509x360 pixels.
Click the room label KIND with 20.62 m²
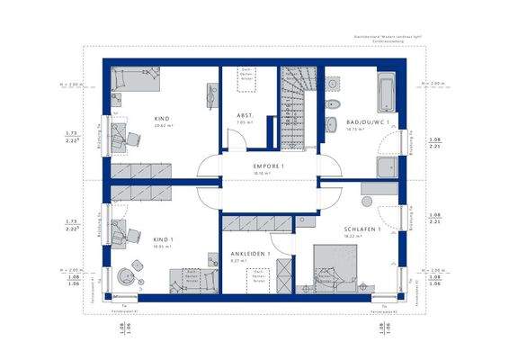click(x=161, y=118)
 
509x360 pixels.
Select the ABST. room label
click(x=244, y=117)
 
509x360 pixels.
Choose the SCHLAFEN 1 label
click(x=362, y=229)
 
